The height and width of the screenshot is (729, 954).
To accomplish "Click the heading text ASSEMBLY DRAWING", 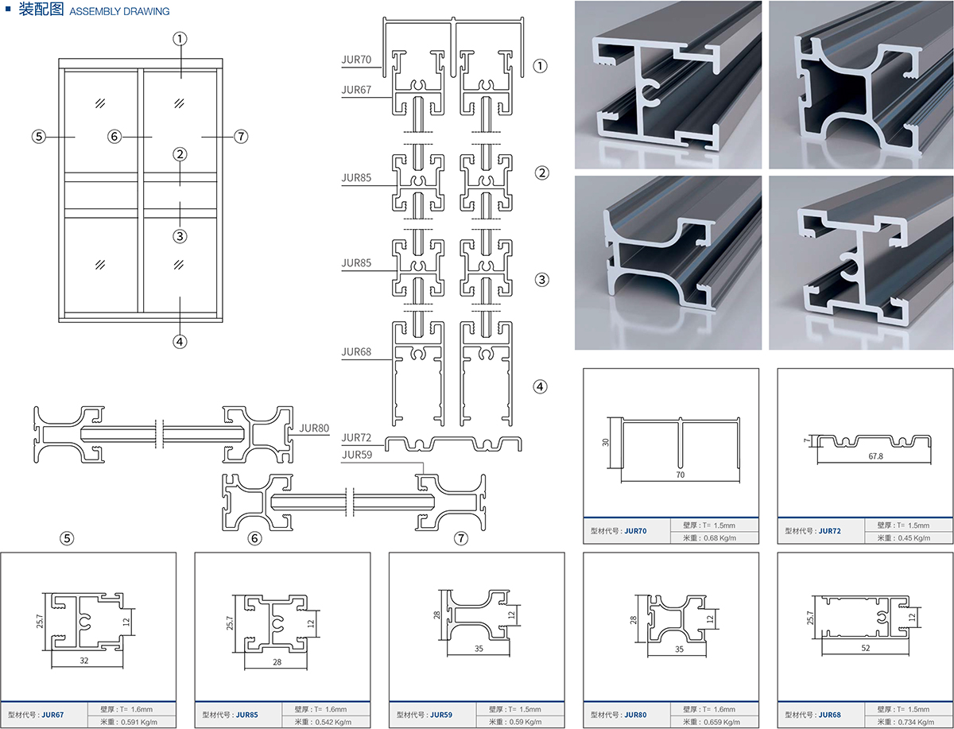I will pyautogui.click(x=119, y=12).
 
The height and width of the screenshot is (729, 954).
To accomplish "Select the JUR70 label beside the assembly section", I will pyautogui.click(x=356, y=59).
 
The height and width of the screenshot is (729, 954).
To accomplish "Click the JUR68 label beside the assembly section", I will pyautogui.click(x=356, y=351).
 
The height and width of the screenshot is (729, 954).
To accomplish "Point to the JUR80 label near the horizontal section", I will pyautogui.click(x=315, y=428).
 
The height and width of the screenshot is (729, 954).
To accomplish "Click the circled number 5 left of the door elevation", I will pyautogui.click(x=38, y=137).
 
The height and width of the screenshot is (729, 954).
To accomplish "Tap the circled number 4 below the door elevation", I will pyautogui.click(x=180, y=342).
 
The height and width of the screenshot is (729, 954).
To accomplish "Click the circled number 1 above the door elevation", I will pyautogui.click(x=180, y=37).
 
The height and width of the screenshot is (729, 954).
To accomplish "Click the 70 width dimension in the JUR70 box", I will pyautogui.click(x=681, y=474).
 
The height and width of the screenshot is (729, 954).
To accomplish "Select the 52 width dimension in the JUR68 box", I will pyautogui.click(x=865, y=648).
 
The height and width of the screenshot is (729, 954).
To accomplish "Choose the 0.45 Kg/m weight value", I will pyautogui.click(x=913, y=538).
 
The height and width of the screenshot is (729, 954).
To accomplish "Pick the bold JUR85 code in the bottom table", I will pyautogui.click(x=247, y=715).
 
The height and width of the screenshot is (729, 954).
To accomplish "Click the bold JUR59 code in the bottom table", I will pyautogui.click(x=441, y=715).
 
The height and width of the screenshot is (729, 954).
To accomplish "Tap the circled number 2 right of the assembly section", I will pyautogui.click(x=541, y=173).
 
